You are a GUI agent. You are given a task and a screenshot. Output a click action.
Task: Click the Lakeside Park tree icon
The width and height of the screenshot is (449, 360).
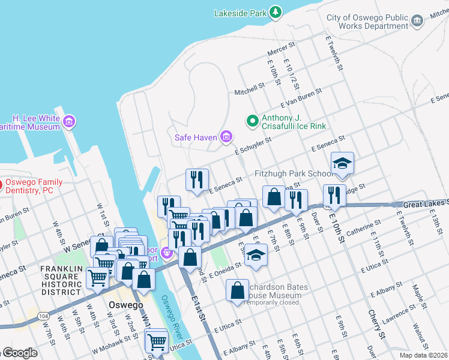(276, 11)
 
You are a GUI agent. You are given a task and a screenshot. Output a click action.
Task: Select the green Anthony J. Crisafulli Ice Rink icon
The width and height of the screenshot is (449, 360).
(253, 121)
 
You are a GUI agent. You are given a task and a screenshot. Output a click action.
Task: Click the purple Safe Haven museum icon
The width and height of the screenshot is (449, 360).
(226, 137)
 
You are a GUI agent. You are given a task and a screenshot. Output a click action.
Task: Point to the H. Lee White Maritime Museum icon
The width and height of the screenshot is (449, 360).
(70, 122)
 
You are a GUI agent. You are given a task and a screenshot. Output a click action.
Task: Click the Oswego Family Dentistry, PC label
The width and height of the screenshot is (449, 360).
(36, 186)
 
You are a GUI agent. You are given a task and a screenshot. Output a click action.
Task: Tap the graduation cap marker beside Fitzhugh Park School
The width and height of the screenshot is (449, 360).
(342, 164)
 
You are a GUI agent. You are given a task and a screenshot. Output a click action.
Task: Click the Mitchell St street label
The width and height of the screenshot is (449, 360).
(250, 89)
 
